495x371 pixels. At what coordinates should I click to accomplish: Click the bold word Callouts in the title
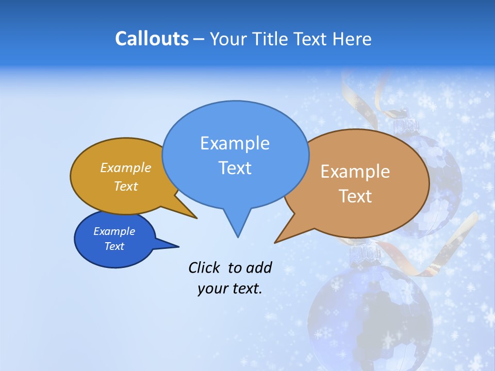click(x=152, y=39)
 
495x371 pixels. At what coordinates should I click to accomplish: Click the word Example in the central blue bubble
click(x=235, y=143)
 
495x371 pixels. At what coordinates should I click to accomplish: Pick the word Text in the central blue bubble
click(x=235, y=168)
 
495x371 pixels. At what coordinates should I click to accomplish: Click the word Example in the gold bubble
click(x=126, y=168)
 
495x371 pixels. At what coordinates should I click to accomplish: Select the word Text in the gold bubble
click(x=126, y=186)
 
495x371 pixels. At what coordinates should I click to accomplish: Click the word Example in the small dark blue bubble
click(x=114, y=231)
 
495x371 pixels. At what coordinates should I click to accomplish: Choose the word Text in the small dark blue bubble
click(x=114, y=246)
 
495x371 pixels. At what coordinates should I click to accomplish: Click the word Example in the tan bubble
click(x=355, y=172)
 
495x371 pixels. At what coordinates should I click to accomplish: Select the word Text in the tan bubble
click(x=355, y=196)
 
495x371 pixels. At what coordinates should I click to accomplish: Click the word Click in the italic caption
click(x=205, y=267)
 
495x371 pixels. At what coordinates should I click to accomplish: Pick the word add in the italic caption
click(x=258, y=267)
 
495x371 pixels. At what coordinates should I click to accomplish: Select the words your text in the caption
click(x=230, y=289)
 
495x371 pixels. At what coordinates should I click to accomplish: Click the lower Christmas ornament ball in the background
click(x=370, y=314)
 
